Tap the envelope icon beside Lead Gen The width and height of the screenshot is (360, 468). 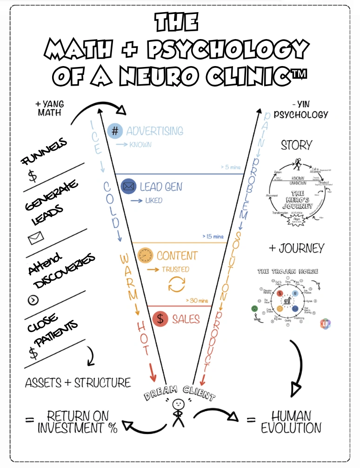(128, 187)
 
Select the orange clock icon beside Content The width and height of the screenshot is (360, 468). (146, 255)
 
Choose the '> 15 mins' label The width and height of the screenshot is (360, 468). (213, 236)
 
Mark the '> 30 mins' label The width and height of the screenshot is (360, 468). (197, 301)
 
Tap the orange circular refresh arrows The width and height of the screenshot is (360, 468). (177, 284)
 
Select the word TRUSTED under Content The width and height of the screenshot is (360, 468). (175, 269)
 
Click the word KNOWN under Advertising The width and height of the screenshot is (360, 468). (140, 145)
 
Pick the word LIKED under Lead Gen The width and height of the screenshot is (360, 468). (153, 201)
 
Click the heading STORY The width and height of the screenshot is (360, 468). (296, 146)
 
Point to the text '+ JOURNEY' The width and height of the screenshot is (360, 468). (296, 248)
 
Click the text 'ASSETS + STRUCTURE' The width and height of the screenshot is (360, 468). (78, 383)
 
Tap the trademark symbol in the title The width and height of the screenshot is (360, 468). (303, 74)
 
